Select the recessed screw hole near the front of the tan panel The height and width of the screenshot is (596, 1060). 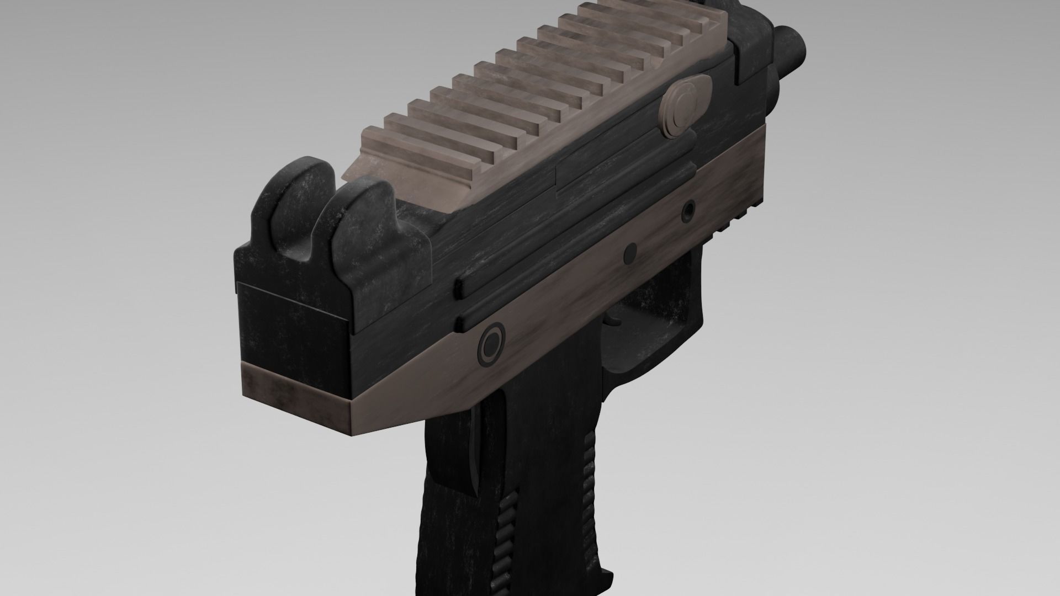[688, 210]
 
